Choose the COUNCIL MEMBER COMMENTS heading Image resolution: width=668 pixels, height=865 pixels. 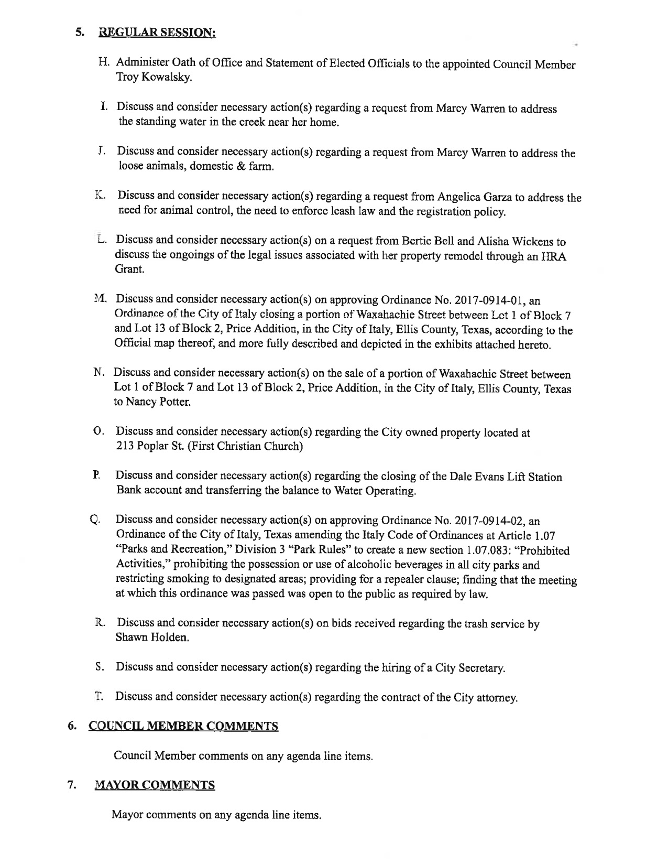183,726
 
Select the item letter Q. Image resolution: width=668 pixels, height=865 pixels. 94,520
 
